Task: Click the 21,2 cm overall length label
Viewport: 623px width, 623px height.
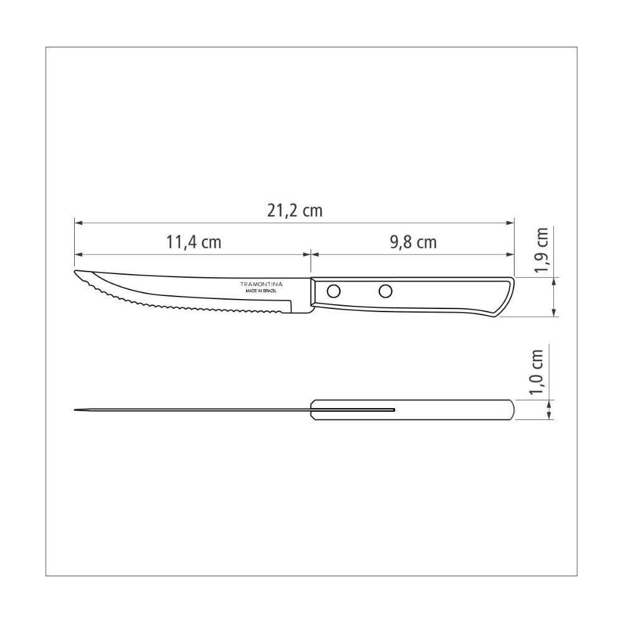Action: click(295, 211)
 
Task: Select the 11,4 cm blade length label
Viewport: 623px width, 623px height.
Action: click(193, 242)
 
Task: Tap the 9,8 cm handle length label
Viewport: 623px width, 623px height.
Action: click(413, 242)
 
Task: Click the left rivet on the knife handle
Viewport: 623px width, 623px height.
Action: click(334, 290)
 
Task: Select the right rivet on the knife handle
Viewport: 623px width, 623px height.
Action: click(386, 290)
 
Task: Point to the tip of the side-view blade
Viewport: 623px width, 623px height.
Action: click(77, 273)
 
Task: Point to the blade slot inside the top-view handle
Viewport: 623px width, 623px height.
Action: click(355, 409)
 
